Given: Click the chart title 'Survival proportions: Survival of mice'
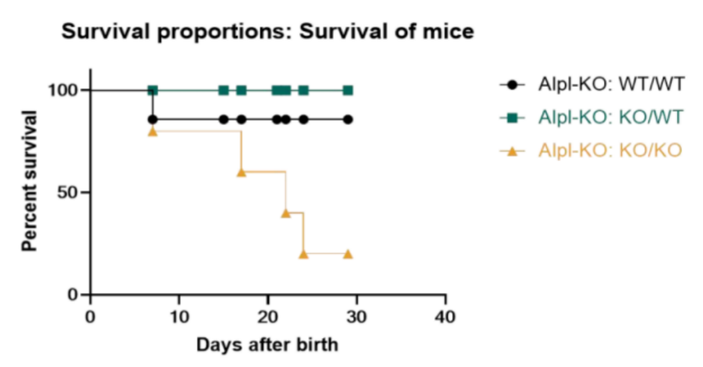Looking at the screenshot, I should tap(267, 32).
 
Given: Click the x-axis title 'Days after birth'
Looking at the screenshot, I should tap(267, 345).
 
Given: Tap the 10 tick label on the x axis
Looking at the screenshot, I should tap(179, 316).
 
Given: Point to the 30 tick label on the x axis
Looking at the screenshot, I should tap(357, 316).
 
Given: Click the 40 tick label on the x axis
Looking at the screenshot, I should tap(446, 316).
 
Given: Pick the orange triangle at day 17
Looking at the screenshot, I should tap(242, 172).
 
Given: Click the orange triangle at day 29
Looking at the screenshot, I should tap(348, 253).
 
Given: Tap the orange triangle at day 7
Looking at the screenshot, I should tap(152, 131).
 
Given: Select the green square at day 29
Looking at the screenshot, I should tap(348, 90).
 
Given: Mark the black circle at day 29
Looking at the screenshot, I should tap(348, 119).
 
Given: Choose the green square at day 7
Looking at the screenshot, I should tap(152, 90).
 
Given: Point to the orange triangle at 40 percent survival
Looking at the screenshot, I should tap(285, 213).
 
